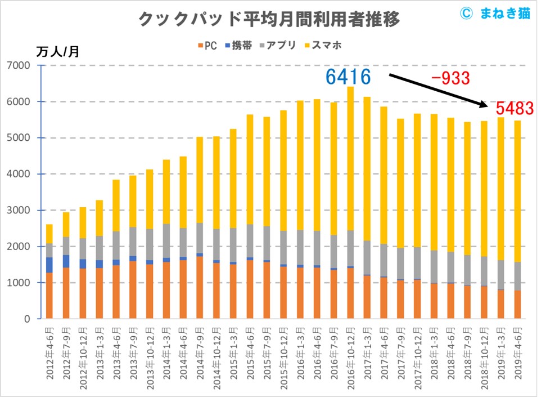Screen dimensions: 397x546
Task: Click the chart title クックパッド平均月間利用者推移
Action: pos(269,20)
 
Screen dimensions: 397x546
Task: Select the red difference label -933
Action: pos(450,78)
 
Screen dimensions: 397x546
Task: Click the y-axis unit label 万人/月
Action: pos(58,52)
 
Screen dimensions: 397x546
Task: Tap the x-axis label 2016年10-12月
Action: pos(350,357)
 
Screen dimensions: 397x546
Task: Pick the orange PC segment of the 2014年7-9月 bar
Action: pos(200,287)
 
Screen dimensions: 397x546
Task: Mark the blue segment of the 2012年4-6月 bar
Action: pos(50,265)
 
